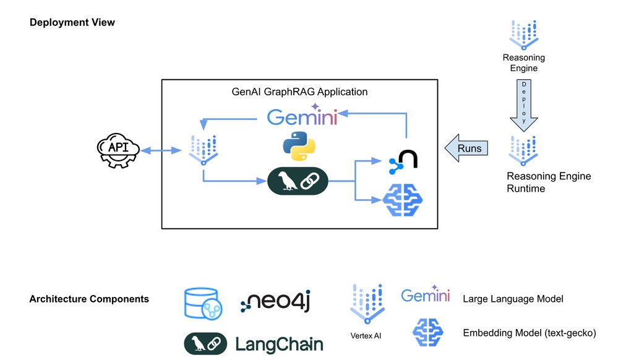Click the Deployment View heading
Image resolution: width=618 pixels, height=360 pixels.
coord(72,22)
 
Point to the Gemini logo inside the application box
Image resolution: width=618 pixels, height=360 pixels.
coord(302,116)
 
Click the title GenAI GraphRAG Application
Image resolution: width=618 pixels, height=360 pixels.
coord(299,92)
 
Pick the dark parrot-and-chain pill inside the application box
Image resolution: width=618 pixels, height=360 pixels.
coord(296,182)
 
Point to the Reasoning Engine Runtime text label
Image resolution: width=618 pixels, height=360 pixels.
coord(548,182)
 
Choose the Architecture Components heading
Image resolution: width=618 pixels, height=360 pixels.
coord(89,299)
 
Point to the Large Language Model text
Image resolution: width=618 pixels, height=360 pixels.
coord(513,299)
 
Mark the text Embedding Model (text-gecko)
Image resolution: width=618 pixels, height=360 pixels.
coord(529,333)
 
